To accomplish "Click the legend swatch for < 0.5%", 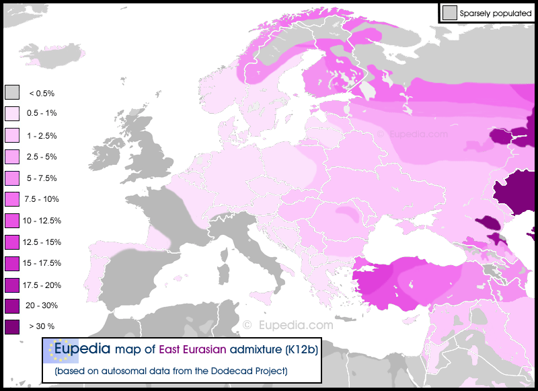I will (x=12, y=92).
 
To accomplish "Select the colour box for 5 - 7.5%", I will (x=12, y=178).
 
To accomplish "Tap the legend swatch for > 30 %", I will (x=12, y=327).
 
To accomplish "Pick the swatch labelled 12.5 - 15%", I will (x=12, y=242).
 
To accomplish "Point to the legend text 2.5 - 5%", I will (x=42, y=157).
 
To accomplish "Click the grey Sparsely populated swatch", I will (x=449, y=12).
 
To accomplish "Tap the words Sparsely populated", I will (x=496, y=13).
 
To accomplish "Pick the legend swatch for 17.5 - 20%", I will (x=12, y=285).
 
